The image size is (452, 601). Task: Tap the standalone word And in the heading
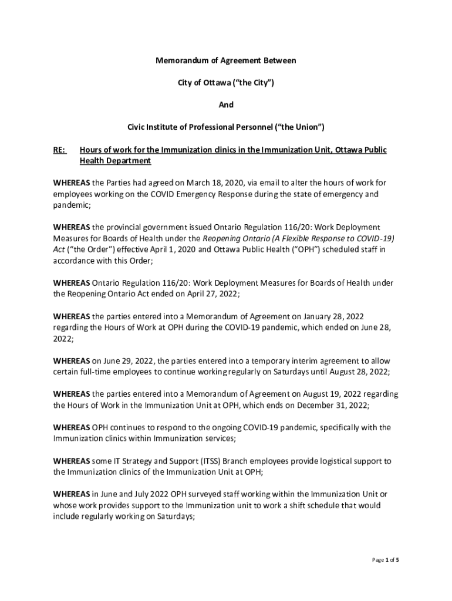coord(226,104)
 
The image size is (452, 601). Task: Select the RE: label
coord(59,150)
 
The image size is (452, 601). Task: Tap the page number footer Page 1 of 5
coord(386,560)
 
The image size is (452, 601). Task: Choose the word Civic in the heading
coord(139,126)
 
